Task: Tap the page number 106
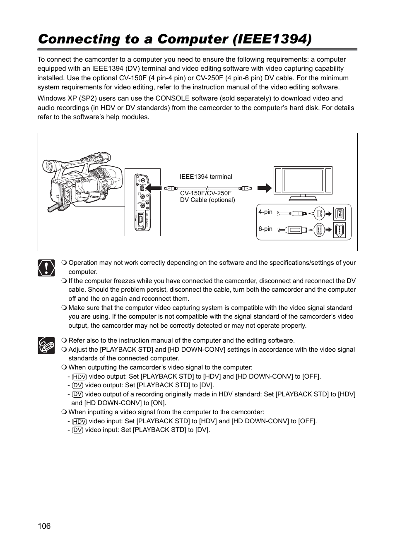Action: coord(44,526)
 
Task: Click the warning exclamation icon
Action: coord(46,268)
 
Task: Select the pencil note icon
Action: coord(46,345)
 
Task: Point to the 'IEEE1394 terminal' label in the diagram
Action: coord(206,177)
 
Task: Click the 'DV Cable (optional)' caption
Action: coord(207,200)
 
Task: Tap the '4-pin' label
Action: coord(265,212)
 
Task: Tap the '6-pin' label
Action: coord(265,229)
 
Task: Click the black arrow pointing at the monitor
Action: coord(264,188)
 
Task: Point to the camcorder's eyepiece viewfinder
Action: coord(48,166)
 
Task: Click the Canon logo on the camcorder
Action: coord(94,196)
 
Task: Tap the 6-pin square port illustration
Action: coord(339,230)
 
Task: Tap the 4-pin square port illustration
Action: coord(339,214)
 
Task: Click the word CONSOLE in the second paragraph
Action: coord(172,98)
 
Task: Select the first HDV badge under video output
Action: coord(79,377)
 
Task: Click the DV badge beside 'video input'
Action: coord(77,430)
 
